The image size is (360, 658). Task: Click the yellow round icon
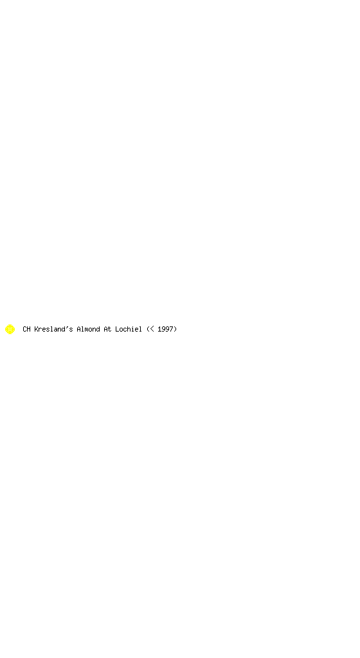(10, 329)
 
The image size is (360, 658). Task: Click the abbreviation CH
(26, 329)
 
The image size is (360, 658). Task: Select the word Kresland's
(53, 329)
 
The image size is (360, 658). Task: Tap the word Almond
(88, 329)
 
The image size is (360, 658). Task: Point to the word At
(107, 329)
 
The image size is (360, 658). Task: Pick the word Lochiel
(129, 329)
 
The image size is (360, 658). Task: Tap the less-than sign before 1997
(152, 329)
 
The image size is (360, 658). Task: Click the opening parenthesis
(148, 329)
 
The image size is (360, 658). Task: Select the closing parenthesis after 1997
(175, 329)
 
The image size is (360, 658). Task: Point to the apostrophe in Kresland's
(67, 327)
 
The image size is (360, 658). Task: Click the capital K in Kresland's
(36, 329)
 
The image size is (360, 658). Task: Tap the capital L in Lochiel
(117, 329)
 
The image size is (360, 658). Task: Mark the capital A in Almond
(78, 329)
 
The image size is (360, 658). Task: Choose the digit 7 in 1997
(171, 329)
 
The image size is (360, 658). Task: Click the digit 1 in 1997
(159, 329)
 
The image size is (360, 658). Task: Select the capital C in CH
(24, 329)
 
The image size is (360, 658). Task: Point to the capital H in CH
(28, 329)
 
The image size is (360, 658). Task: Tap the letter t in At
(109, 329)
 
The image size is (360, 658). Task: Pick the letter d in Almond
(98, 329)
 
